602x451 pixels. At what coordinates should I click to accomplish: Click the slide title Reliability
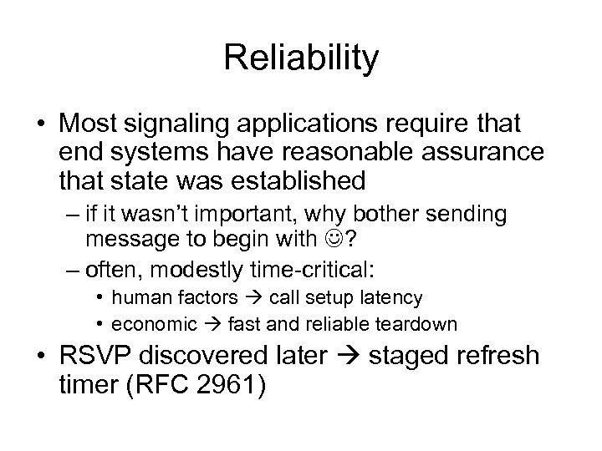[301, 58]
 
